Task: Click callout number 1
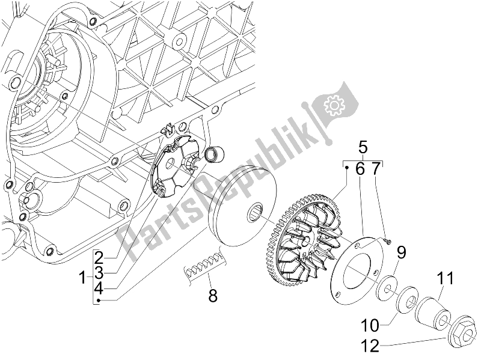(82, 278)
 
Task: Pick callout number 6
(360, 169)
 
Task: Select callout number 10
(370, 326)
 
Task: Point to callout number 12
(370, 346)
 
